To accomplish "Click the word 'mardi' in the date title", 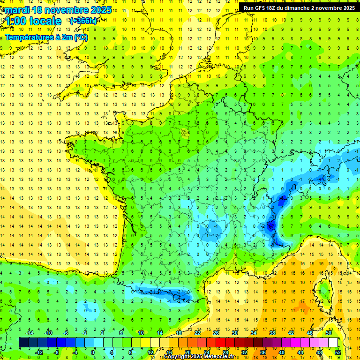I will pos(17,9).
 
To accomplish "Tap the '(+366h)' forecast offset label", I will pos(83,21).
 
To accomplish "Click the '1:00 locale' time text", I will pos(32,21).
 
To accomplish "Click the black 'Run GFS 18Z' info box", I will pos(299,7).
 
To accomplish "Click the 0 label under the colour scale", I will pos(93,352).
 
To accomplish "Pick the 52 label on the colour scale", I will pos(337,352).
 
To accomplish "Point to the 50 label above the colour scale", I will pos(328,333).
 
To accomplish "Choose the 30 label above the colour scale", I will pos(234,333).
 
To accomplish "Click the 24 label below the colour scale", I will pos(206,352).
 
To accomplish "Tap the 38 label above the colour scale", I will pos(272,333).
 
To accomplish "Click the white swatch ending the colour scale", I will pos(333,342).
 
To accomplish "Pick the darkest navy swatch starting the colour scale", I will pos(23,342).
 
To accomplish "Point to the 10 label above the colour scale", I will pos(141,333).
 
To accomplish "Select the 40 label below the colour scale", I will pos(281,352).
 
